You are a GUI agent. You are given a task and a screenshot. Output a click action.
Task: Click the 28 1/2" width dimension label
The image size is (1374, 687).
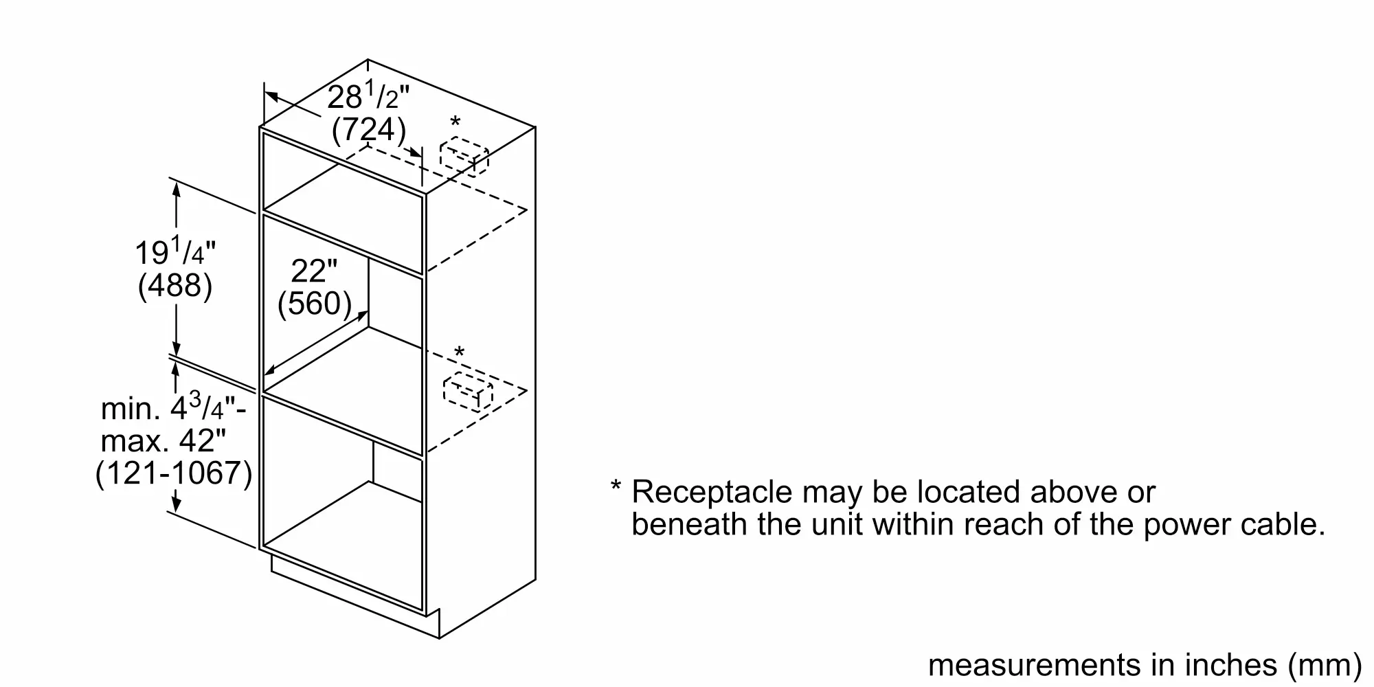pyautogui.click(x=368, y=97)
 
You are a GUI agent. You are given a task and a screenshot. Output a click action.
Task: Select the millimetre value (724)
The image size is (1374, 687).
pyautogui.click(x=369, y=130)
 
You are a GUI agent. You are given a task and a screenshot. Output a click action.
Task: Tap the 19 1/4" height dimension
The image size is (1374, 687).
pyautogui.click(x=175, y=253)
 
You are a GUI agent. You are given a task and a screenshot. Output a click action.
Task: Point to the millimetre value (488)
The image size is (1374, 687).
pyautogui.click(x=175, y=285)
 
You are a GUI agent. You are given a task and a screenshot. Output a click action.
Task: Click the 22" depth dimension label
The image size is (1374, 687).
pyautogui.click(x=314, y=271)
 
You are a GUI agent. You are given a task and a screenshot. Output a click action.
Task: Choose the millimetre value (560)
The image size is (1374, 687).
pyautogui.click(x=315, y=303)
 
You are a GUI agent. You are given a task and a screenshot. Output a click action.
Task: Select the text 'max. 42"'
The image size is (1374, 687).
pyautogui.click(x=163, y=441)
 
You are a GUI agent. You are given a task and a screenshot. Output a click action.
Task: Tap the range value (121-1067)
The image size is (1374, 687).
pyautogui.click(x=174, y=473)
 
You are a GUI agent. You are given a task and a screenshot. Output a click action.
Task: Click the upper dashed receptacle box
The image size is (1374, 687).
pyautogui.click(x=464, y=157)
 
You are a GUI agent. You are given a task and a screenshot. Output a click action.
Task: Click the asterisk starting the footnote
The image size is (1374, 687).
pyautogui.click(x=616, y=487)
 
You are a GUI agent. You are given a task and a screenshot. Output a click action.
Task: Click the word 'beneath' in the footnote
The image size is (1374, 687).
pyautogui.click(x=690, y=524)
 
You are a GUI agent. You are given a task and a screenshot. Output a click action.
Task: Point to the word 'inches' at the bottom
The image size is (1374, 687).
pyautogui.click(x=1230, y=664)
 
